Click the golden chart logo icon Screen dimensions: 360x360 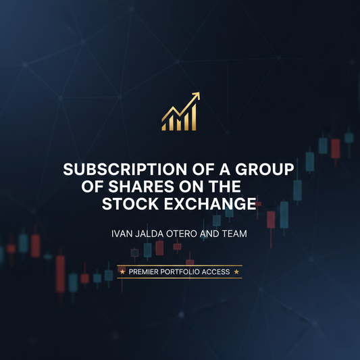pyautogui.click(x=180, y=111)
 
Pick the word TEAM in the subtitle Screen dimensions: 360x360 pyautogui.click(x=236, y=235)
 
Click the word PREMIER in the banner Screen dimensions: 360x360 pyautogui.click(x=147, y=272)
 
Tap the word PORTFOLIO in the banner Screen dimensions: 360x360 pyautogui.click(x=184, y=272)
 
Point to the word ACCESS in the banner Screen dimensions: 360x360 pyautogui.click(x=219, y=272)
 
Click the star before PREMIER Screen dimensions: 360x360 pyautogui.click(x=122, y=272)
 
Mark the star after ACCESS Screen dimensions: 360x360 pyautogui.click(x=238, y=272)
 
